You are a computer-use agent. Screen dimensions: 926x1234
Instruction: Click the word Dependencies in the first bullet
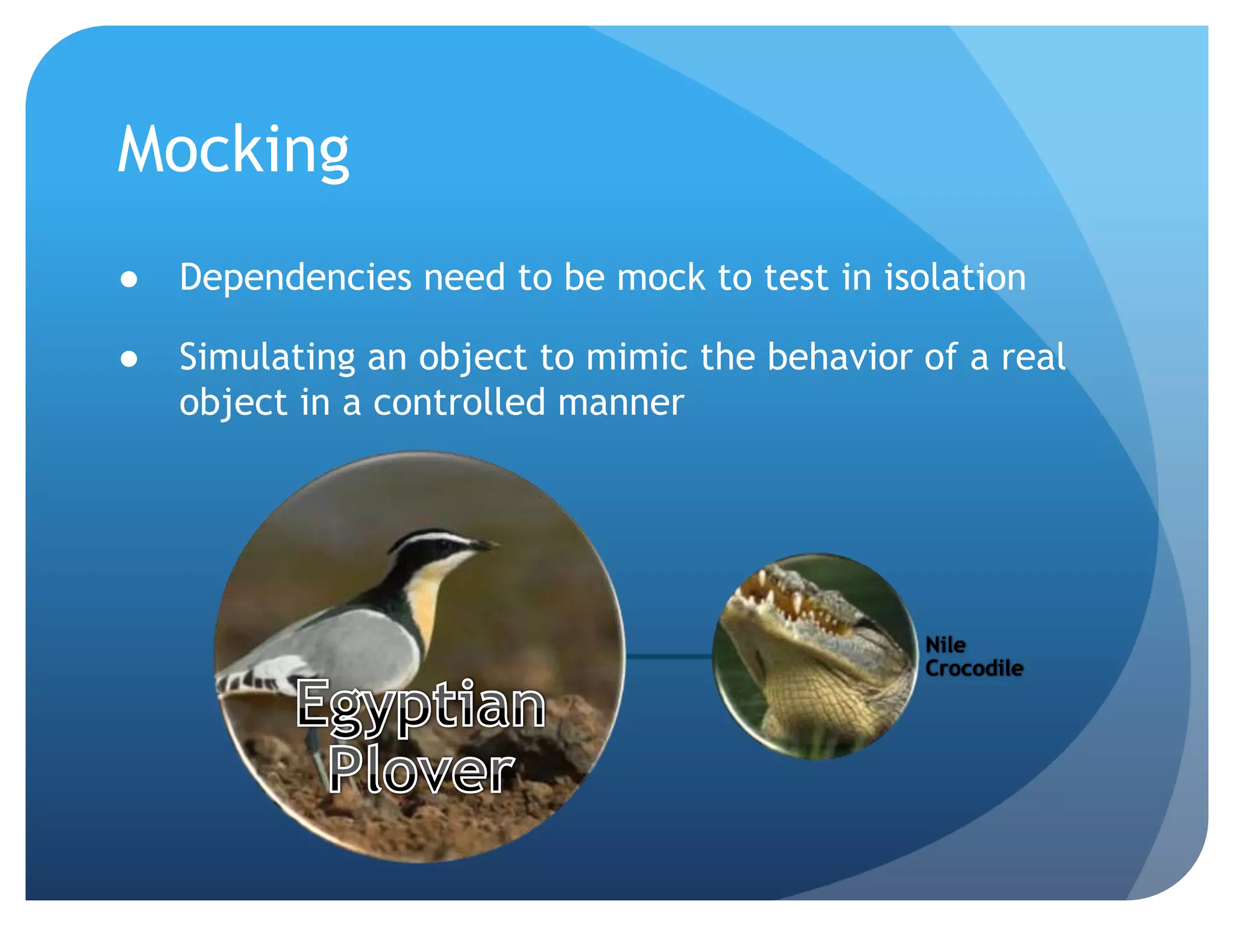[295, 278]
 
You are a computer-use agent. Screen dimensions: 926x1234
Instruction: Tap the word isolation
[954, 278]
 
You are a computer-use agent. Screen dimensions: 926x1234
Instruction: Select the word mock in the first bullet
[660, 278]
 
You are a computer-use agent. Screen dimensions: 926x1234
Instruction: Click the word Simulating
[267, 357]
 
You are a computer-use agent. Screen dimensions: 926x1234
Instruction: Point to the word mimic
[637, 357]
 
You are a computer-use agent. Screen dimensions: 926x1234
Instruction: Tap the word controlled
[459, 403]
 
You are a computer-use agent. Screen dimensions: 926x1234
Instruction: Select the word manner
[621, 403]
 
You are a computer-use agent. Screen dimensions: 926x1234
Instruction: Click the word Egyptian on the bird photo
[421, 705]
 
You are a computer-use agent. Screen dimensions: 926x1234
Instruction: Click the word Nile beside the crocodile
[945, 645]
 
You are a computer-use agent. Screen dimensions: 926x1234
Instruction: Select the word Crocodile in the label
[974, 668]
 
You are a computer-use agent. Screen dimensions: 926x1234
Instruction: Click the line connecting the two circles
[669, 657]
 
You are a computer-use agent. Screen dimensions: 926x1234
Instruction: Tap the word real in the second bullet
[1033, 357]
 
